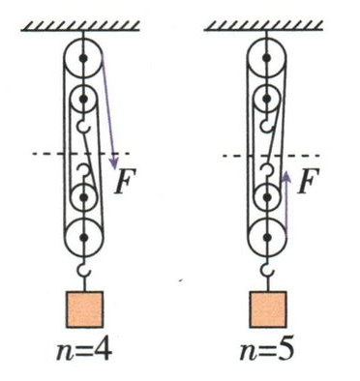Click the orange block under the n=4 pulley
[85, 309]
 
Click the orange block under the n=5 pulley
[268, 309]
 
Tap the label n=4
[84, 351]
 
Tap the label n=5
[267, 351]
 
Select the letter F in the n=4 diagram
[126, 181]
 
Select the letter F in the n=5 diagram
[309, 181]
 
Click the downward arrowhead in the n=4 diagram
[114, 163]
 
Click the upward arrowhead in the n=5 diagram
[286, 177]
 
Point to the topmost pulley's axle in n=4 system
[83, 58]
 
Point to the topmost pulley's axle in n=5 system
[266, 58]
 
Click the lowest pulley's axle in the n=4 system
[84, 238]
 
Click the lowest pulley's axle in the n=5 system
[267, 238]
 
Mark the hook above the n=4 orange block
[83, 271]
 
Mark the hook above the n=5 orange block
[267, 271]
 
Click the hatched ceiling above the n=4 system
[80, 26]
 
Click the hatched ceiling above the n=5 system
[263, 26]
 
